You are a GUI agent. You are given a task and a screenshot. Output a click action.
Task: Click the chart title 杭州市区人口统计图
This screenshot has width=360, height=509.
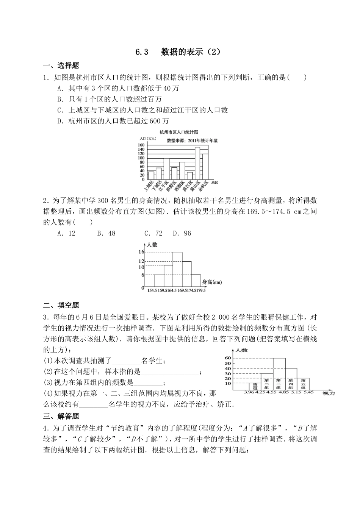tap(178, 132)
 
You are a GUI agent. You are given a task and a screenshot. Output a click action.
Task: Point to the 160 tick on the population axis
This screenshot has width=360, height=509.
tap(141, 145)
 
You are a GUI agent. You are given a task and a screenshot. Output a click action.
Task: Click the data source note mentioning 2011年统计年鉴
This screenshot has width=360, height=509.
tap(192, 140)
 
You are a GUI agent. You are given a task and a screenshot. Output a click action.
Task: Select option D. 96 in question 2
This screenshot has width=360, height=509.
tap(182, 233)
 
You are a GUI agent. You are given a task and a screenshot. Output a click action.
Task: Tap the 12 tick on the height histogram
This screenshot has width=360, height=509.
tap(141, 261)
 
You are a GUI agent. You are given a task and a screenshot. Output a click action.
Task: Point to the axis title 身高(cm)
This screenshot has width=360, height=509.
tap(212, 281)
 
